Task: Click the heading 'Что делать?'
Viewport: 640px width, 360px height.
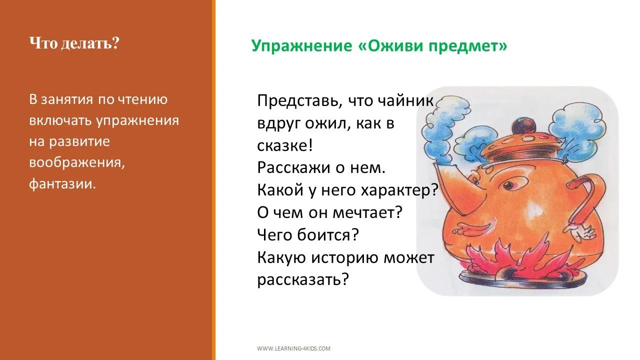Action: (74, 43)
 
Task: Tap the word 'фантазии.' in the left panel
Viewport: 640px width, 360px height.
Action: (62, 184)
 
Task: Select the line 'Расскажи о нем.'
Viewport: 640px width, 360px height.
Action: (321, 167)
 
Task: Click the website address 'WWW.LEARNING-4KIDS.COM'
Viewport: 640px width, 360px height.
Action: (293, 348)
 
